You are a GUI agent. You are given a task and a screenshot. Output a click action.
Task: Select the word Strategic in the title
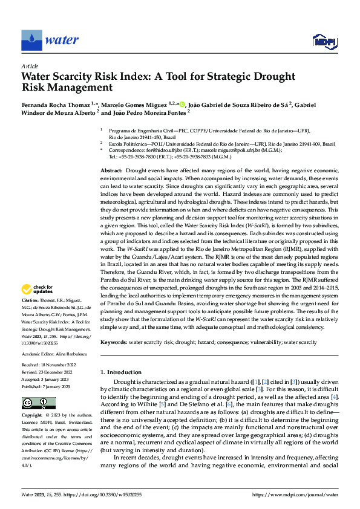(x=228, y=76)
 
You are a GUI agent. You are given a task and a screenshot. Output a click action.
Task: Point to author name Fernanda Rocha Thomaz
(x=56, y=105)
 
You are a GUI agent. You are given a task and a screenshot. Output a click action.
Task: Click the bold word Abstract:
(x=112, y=172)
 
